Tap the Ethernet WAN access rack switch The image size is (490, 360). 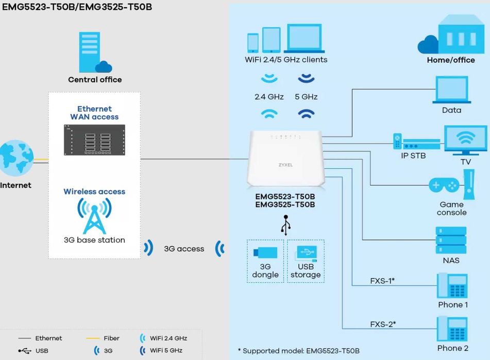click(x=94, y=140)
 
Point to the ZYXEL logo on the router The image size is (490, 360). click(x=285, y=165)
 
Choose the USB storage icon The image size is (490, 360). click(x=306, y=254)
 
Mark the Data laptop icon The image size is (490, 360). click(x=451, y=91)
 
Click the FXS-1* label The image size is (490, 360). click(x=382, y=281)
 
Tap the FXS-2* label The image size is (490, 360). click(x=382, y=324)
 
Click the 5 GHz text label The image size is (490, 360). click(x=306, y=97)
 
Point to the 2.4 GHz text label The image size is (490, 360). click(x=269, y=97)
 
